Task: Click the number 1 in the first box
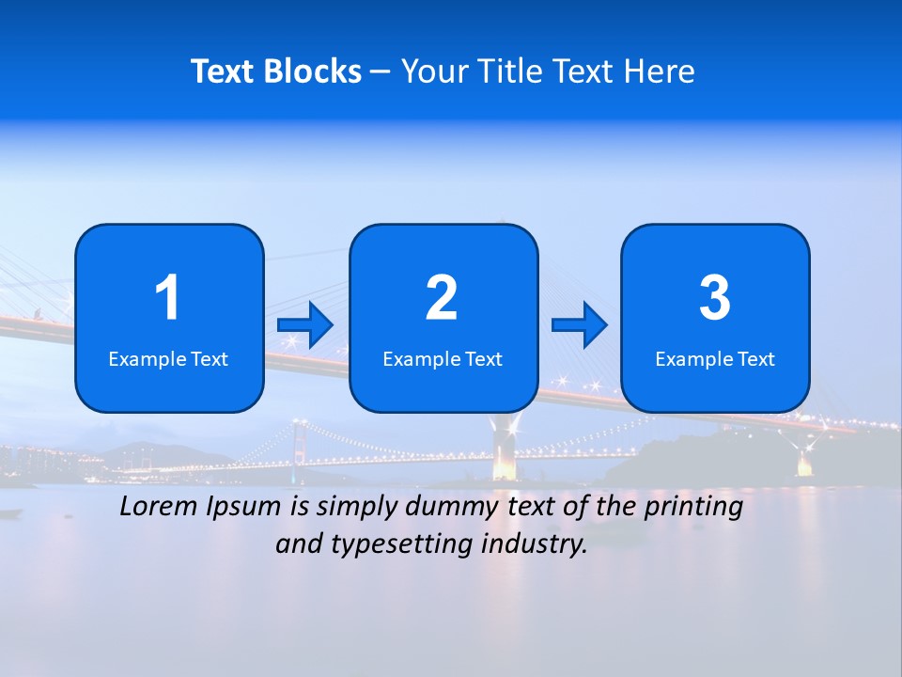(168, 298)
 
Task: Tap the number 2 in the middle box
(442, 298)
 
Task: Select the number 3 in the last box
(715, 298)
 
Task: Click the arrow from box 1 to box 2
(305, 325)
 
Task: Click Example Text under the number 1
(168, 359)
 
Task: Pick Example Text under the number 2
(443, 359)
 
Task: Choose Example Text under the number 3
(715, 359)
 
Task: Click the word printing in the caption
(694, 508)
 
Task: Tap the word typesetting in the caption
(395, 544)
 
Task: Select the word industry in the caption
(534, 544)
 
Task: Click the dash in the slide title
(381, 72)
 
